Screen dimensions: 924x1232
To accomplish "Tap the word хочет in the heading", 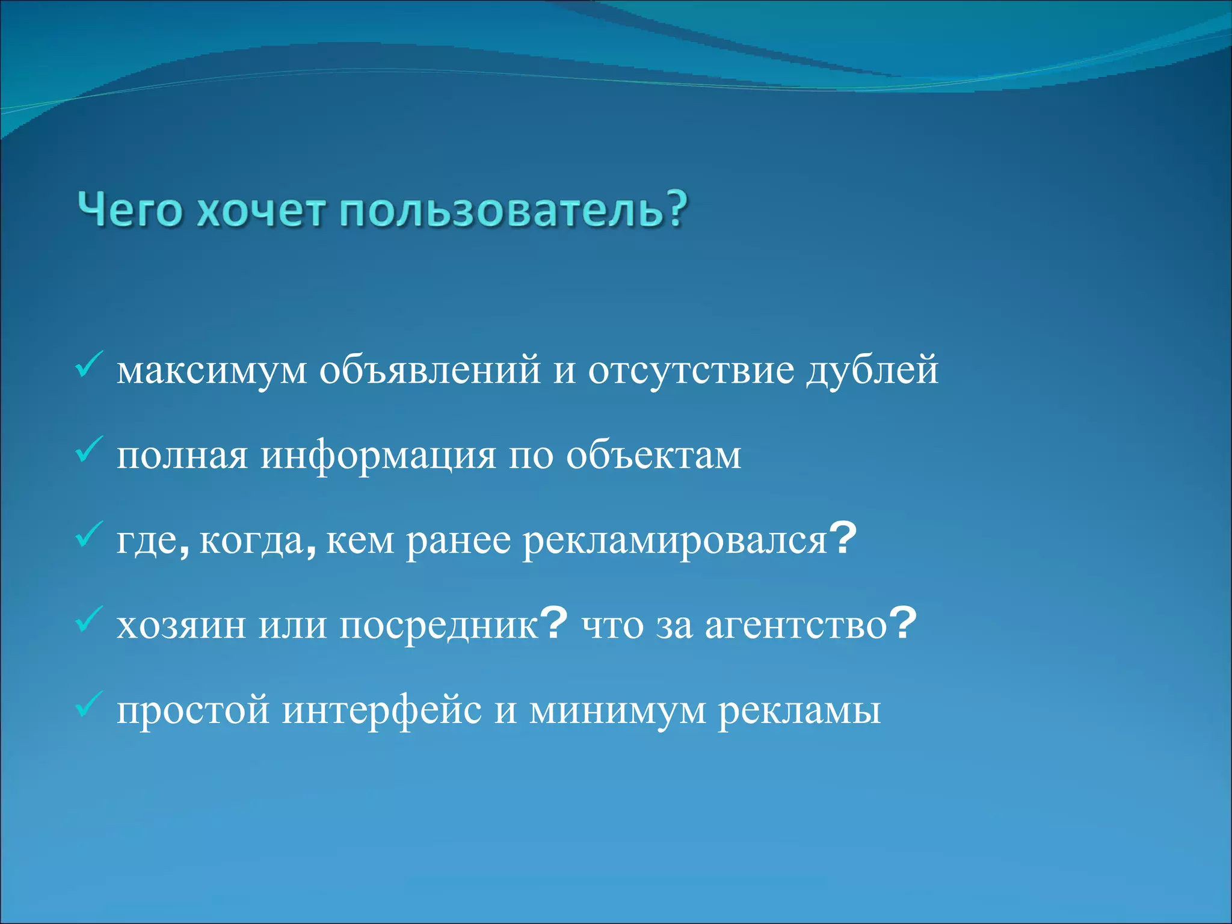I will coord(262,211).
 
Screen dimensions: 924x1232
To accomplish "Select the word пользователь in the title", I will coord(498,211).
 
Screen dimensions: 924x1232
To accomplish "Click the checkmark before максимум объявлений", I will coord(90,365).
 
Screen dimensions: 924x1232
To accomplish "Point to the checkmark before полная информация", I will coord(90,450).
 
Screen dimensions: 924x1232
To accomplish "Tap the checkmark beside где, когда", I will coord(90,535).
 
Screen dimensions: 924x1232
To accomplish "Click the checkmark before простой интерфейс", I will coord(90,705).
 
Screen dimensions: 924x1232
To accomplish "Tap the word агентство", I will coord(796,627).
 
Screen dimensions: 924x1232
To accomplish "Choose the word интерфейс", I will coord(382,712).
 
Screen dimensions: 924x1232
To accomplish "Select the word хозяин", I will coord(181,627).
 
